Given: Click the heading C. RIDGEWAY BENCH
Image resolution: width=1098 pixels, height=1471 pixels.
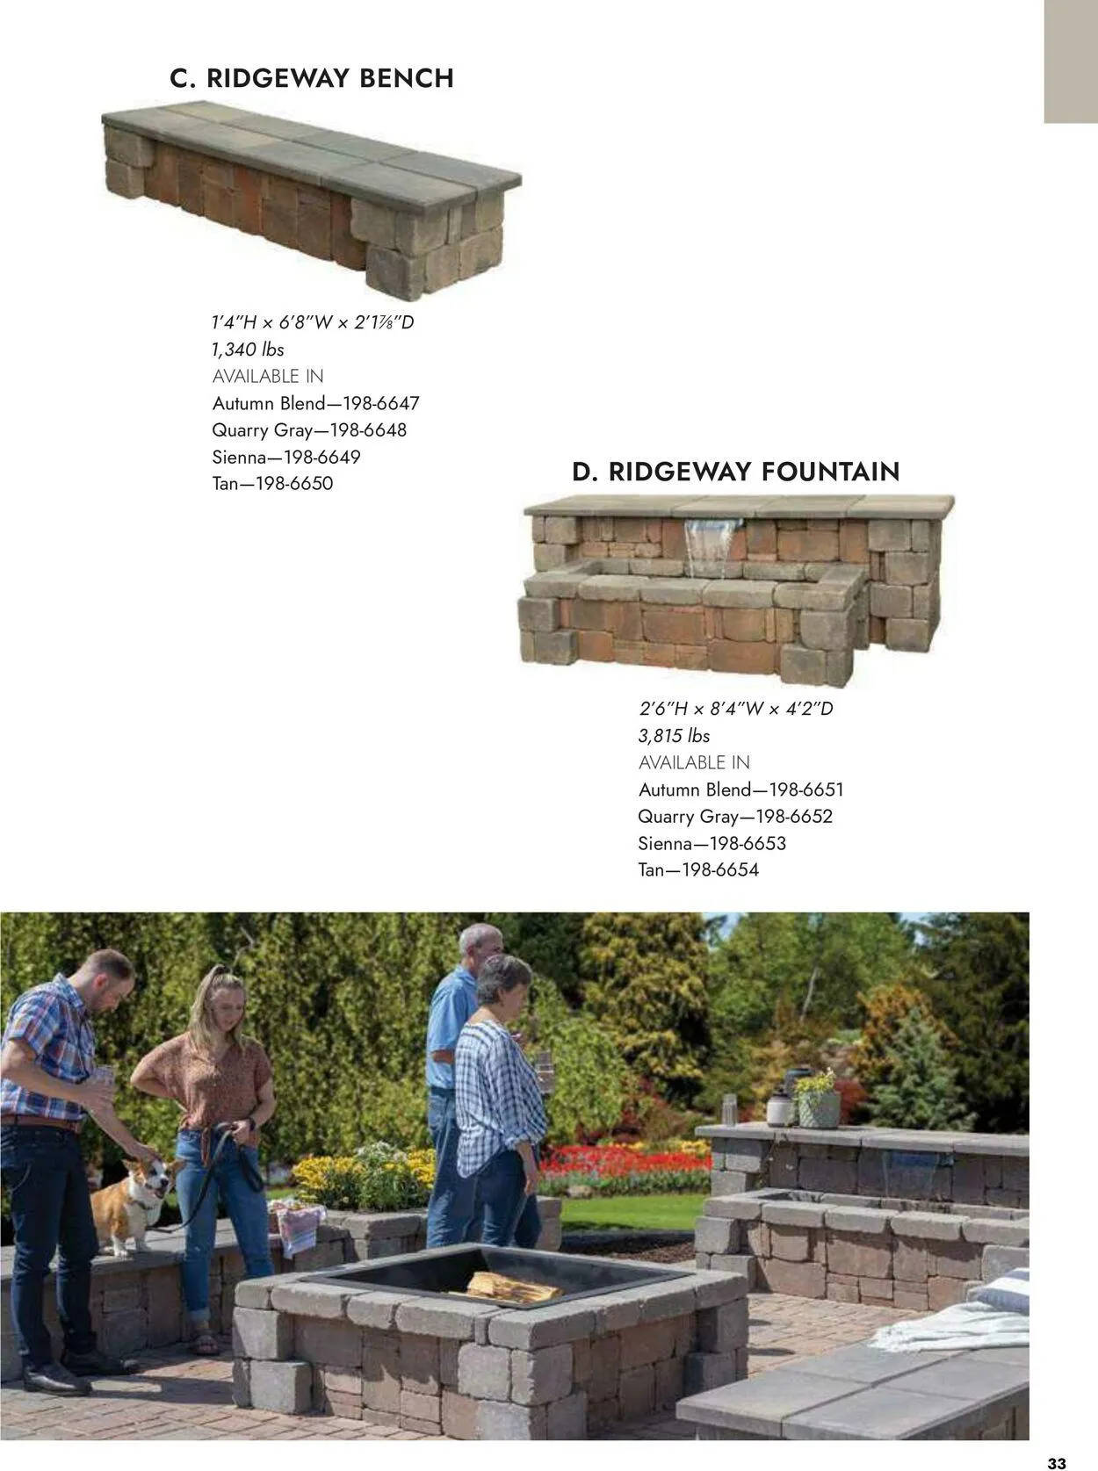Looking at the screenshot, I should point(311,78).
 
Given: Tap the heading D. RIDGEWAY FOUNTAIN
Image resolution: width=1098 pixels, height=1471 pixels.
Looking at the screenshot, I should point(735,472).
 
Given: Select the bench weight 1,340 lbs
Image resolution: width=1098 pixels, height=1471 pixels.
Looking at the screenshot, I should point(248,350).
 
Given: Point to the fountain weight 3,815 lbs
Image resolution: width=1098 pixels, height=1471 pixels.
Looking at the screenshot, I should point(674,736).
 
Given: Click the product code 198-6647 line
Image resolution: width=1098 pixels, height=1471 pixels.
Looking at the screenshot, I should point(315,403).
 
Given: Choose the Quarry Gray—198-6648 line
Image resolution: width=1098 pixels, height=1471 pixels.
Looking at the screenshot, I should point(309,430).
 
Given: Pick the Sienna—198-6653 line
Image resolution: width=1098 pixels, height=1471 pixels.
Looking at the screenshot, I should point(712,843).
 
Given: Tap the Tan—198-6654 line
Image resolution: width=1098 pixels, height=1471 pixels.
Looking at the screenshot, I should point(698,870).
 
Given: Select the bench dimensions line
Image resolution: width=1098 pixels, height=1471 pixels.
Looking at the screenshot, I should point(313,322).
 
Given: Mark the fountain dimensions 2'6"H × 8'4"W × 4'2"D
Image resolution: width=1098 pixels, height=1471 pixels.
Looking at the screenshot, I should point(735,708).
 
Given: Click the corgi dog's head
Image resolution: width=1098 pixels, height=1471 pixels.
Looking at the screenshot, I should point(156,1179).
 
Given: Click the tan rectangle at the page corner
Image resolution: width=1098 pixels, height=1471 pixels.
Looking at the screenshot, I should point(1071,61).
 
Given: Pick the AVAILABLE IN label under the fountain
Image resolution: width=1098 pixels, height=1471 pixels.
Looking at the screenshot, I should point(694,762).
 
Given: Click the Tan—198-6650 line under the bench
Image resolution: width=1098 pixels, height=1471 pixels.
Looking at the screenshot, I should point(272,483).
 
